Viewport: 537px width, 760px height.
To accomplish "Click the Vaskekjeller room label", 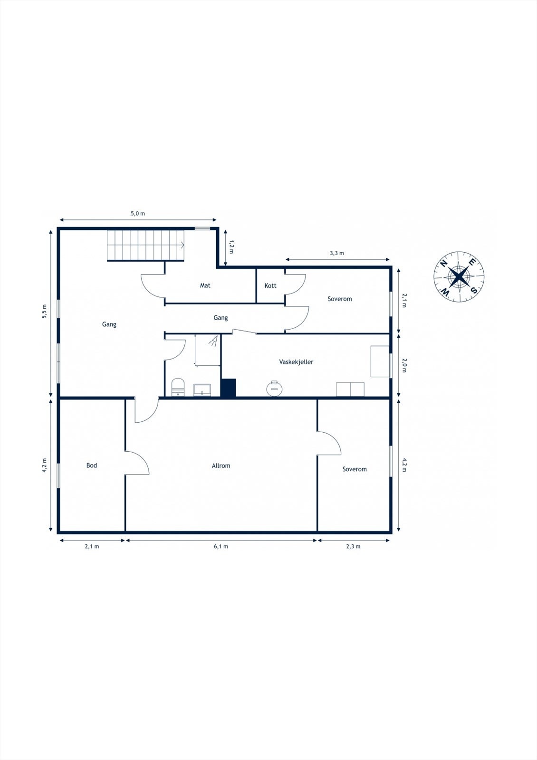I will [296, 362].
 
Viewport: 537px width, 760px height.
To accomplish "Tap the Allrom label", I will [221, 466].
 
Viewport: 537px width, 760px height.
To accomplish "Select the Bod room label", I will [92, 465].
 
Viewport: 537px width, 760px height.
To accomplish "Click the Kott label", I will [270, 285].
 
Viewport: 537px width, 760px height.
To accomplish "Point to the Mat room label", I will [205, 285].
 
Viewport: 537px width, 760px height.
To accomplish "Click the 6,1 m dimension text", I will [221, 546].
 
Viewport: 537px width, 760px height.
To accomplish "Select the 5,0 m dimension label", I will [138, 214].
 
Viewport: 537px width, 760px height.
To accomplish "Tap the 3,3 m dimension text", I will [337, 253].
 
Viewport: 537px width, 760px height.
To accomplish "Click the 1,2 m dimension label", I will [231, 246].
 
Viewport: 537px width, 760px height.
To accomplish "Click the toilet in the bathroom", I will [177, 387].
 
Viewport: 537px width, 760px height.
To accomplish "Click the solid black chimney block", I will [229, 387].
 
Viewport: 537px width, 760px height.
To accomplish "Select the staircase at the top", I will [145, 245].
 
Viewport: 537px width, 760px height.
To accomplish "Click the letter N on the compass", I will [443, 264].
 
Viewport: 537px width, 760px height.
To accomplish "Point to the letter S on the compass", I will [474, 290].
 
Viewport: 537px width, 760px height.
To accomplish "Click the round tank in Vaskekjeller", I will [274, 388].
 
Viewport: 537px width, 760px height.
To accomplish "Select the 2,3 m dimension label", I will [353, 546].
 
